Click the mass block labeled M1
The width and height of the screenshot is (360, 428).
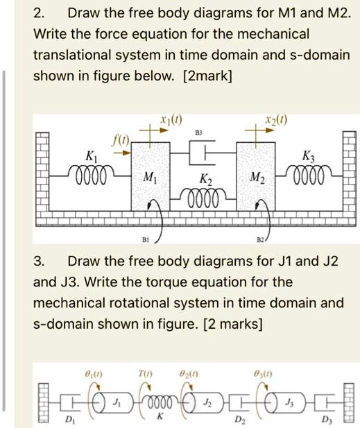click(151, 176)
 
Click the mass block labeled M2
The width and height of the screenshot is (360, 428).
click(256, 176)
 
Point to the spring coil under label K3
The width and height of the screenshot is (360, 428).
click(309, 174)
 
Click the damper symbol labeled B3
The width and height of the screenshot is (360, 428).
click(203, 153)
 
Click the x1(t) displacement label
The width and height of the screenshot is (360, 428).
click(171, 119)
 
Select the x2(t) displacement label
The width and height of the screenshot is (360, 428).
click(276, 119)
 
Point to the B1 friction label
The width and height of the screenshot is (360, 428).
click(146, 240)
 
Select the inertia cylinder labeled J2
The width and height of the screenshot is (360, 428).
click(204, 402)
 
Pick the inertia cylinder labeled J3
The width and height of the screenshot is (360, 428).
click(284, 402)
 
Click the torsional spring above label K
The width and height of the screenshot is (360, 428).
click(160, 403)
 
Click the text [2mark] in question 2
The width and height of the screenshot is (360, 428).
click(208, 76)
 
